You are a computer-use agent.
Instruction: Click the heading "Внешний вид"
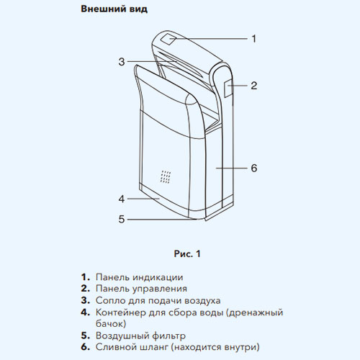[x=114, y=9]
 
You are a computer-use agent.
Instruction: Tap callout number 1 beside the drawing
[x=254, y=38]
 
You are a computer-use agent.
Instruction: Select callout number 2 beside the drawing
[x=254, y=86]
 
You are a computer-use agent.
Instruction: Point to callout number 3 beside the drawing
[x=122, y=62]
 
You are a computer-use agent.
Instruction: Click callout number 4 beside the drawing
[x=122, y=199]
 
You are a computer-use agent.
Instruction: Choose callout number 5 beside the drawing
[x=122, y=219]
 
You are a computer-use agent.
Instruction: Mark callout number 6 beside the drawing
[x=254, y=168]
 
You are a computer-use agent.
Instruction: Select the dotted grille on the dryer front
[x=166, y=177]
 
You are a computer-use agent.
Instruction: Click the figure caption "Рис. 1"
[x=187, y=253]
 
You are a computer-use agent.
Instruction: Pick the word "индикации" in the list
[x=158, y=277]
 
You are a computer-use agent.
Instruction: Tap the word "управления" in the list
[x=160, y=289]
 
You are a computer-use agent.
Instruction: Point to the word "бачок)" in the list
[x=111, y=324]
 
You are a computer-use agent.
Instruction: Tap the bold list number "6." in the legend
[x=86, y=347]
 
